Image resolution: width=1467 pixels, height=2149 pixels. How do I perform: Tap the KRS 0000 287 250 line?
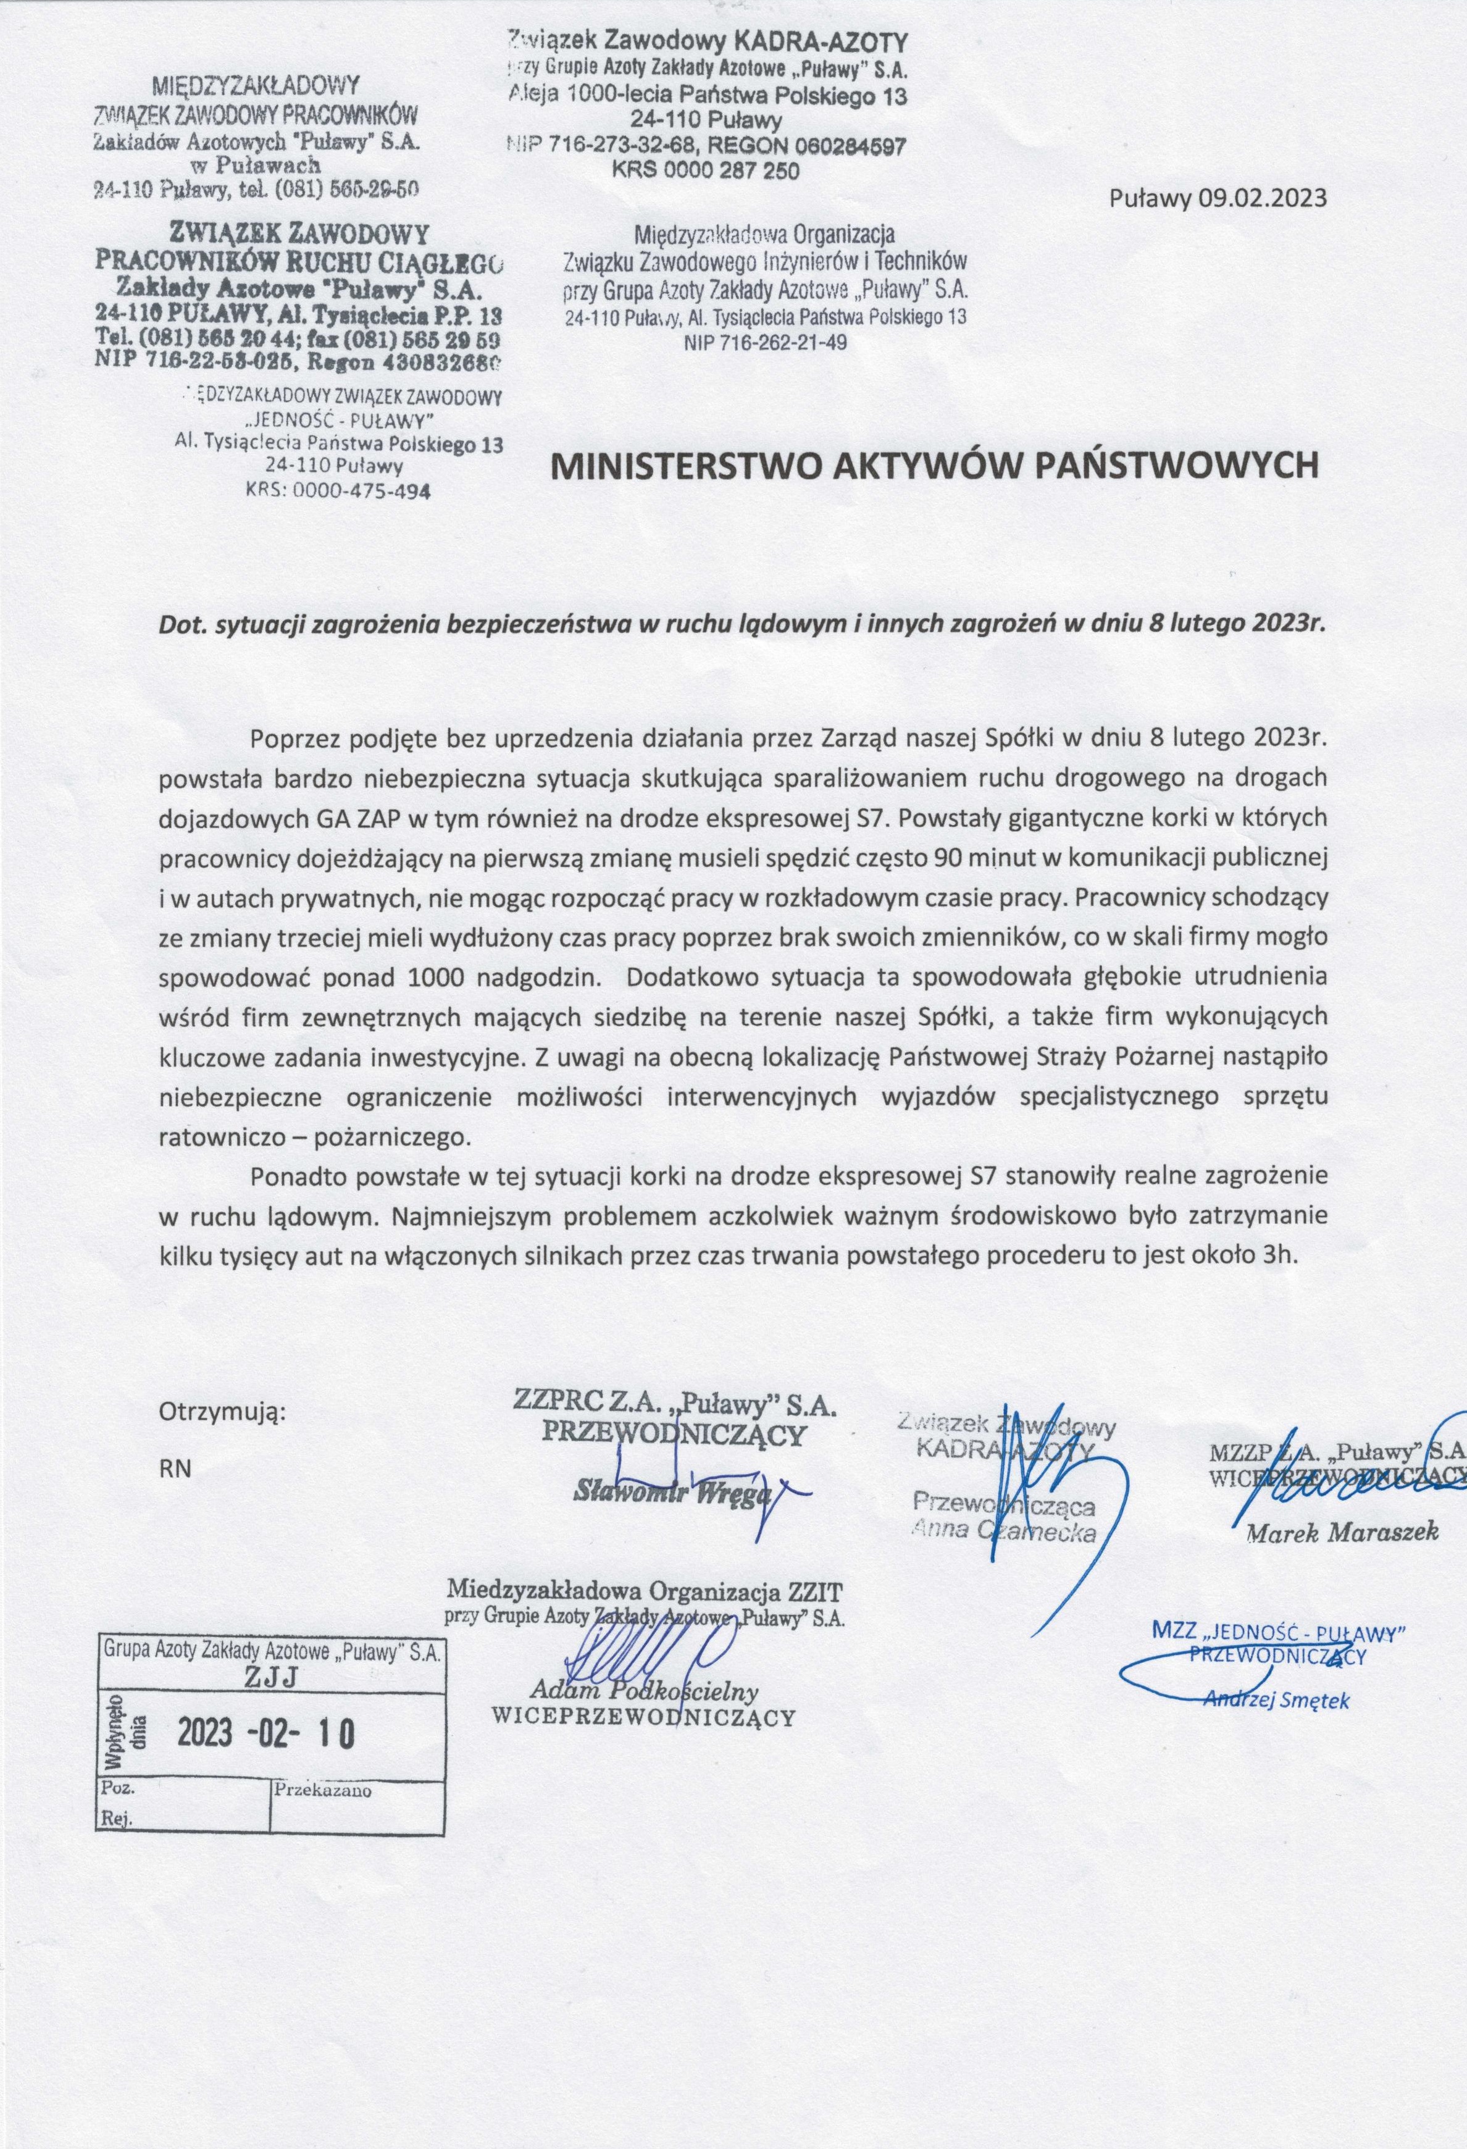point(706,171)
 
